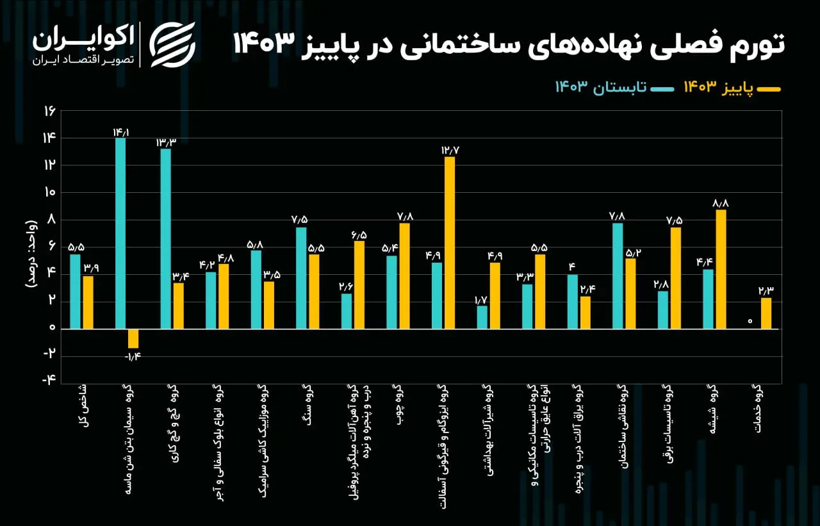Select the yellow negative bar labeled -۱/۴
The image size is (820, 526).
pyautogui.click(x=133, y=338)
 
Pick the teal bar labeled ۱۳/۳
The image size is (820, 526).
pyautogui.click(x=165, y=238)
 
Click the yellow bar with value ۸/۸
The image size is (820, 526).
pyautogui.click(x=721, y=269)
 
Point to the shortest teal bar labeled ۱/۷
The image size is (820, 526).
pyautogui.click(x=482, y=316)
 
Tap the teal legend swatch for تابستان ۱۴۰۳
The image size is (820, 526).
pyautogui.click(x=665, y=88)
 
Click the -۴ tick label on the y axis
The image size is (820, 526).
pyautogui.click(x=49, y=379)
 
